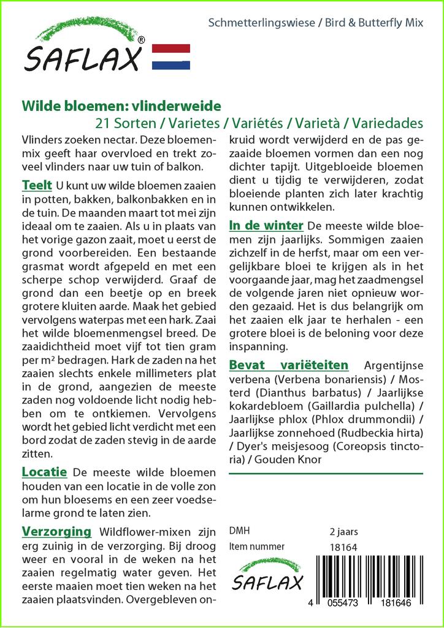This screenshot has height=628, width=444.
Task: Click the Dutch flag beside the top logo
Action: point(170,57)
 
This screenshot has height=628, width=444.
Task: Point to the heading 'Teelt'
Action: point(36,185)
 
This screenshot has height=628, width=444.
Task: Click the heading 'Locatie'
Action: point(44,472)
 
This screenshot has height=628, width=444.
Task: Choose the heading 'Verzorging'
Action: point(56,531)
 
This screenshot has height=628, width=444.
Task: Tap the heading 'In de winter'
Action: point(266,225)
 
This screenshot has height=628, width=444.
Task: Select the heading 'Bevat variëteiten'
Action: point(288,365)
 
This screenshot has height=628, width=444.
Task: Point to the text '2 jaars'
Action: point(343,531)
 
